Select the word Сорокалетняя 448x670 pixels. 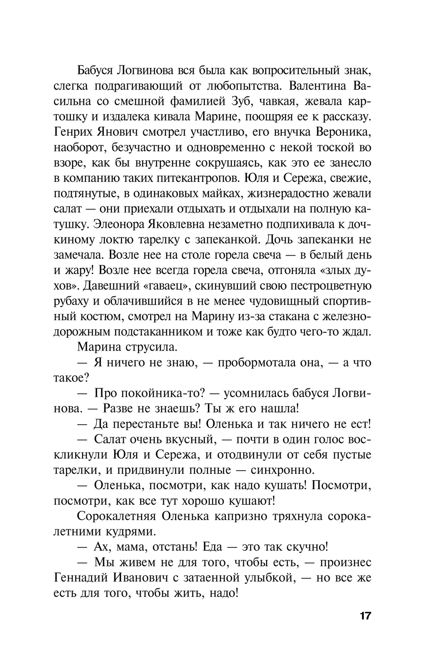[x=116, y=516]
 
